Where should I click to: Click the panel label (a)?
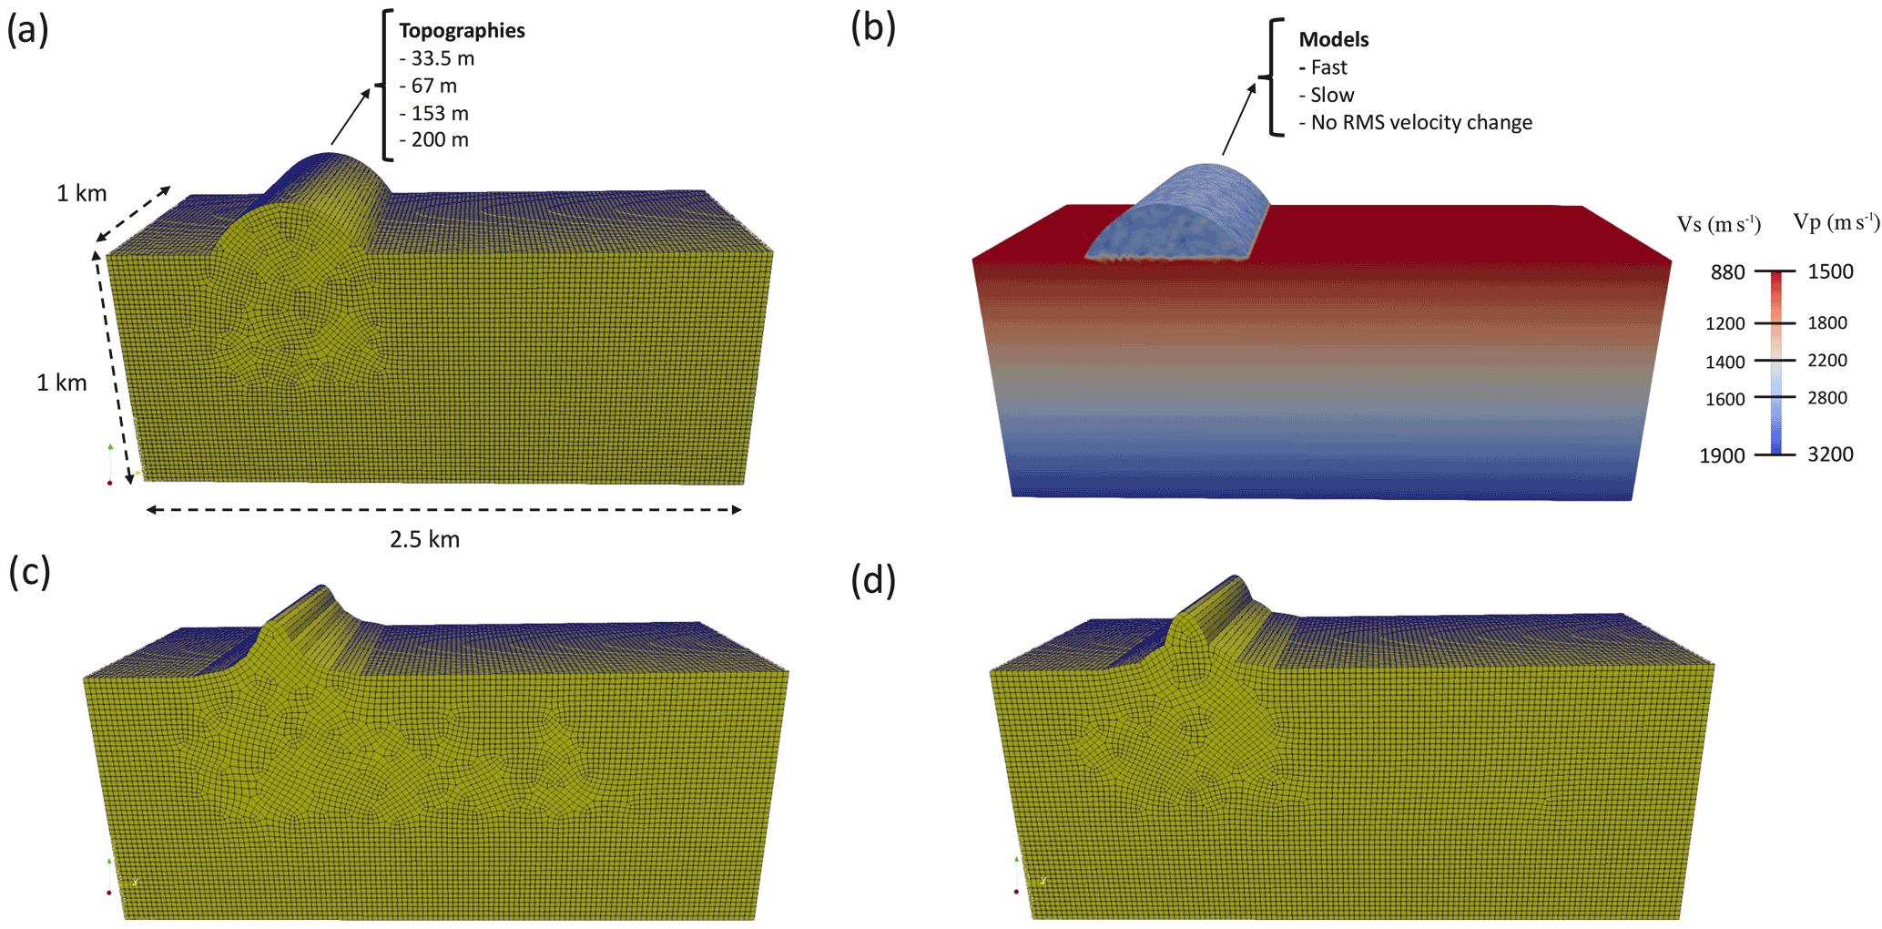click(x=27, y=30)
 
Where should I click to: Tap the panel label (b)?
click(x=872, y=28)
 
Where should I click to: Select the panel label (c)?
click(x=28, y=572)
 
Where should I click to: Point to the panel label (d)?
click(x=872, y=580)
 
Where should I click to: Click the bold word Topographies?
click(x=462, y=31)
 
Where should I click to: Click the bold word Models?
click(x=1333, y=40)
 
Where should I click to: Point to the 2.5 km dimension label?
click(x=424, y=540)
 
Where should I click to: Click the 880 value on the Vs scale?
click(x=1727, y=272)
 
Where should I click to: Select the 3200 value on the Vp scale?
click(x=1830, y=454)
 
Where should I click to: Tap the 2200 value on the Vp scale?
click(x=1827, y=361)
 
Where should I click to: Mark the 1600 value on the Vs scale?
click(x=1725, y=399)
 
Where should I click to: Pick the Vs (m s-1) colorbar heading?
click(x=1718, y=225)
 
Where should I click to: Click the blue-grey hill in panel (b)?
click(x=1180, y=214)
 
